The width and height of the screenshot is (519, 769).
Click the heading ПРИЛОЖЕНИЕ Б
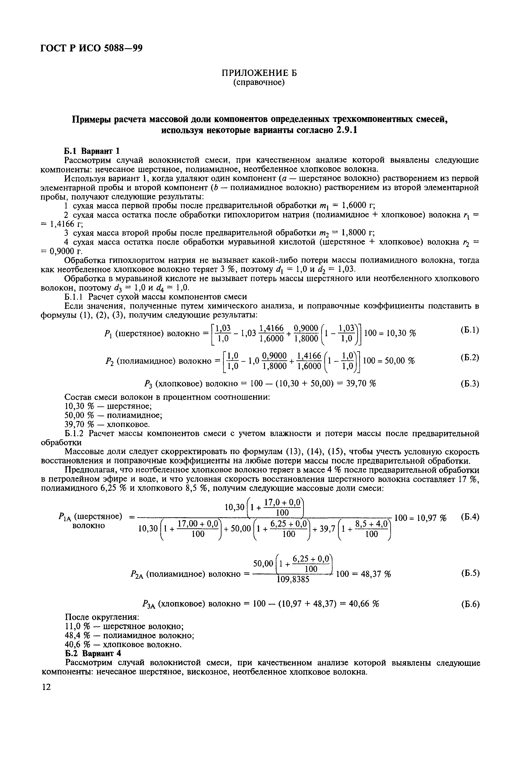[259, 73]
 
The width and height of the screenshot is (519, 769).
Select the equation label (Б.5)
[470, 573]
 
